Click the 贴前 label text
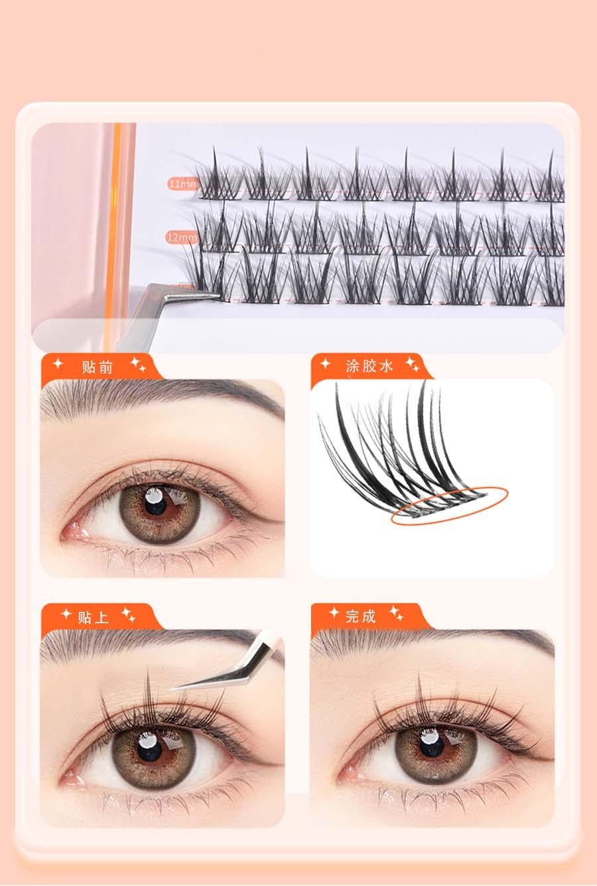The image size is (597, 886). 98,367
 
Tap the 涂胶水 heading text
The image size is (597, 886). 369,366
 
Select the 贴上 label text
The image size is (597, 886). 93,617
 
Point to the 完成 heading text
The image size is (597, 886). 361,616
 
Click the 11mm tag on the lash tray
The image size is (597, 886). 183,184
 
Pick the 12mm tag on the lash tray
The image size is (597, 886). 182,237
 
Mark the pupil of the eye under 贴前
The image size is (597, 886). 155,506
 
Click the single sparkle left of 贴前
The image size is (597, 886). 58,364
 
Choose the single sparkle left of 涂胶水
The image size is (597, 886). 326,363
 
